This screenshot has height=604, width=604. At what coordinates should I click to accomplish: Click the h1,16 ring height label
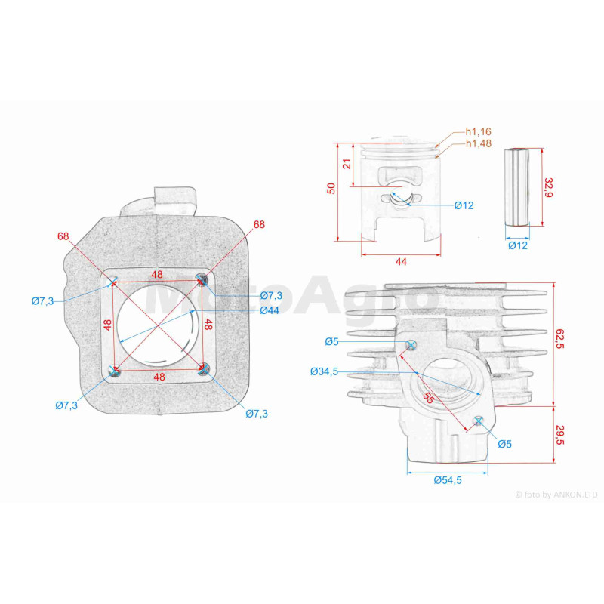479,131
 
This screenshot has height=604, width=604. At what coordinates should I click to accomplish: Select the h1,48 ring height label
479,143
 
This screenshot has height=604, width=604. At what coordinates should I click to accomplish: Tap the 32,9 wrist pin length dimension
548,187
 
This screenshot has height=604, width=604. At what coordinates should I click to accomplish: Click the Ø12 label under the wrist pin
518,245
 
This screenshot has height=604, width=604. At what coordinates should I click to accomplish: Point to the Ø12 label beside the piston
464,205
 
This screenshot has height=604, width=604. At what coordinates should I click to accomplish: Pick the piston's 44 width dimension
401,261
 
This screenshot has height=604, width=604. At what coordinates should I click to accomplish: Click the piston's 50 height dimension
331,188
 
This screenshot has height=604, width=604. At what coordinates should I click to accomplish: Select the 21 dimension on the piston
347,164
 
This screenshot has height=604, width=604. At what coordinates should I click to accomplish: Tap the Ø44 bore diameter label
270,310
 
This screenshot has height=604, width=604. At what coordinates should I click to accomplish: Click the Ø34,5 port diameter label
324,371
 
